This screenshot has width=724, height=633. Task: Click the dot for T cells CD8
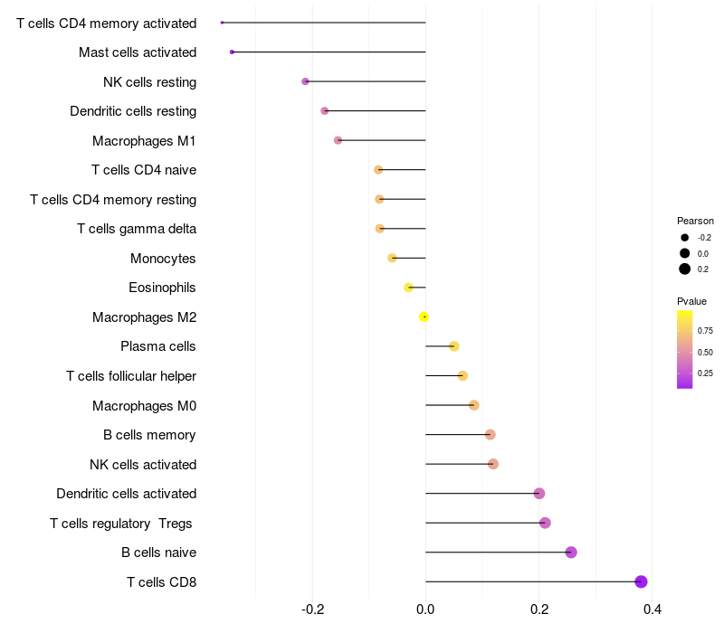click(641, 581)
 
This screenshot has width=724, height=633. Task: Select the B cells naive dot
click(571, 553)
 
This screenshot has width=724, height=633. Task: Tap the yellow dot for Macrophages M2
click(424, 316)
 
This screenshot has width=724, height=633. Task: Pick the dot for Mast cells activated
click(233, 52)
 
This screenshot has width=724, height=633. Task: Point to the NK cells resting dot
click(306, 81)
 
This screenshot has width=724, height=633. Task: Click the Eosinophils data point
click(409, 288)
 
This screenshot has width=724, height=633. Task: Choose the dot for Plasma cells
click(453, 346)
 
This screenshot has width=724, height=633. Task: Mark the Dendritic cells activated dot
click(539, 494)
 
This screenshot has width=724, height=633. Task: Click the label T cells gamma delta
click(137, 229)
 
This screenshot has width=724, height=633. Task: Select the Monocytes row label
click(163, 259)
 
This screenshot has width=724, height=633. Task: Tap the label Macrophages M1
click(144, 141)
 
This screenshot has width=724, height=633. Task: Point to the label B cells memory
click(149, 435)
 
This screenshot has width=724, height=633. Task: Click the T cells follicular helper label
click(131, 376)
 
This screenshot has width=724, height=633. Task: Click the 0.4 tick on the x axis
click(652, 609)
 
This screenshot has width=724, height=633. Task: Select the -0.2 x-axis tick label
click(312, 609)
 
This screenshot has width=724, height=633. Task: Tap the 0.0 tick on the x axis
click(425, 609)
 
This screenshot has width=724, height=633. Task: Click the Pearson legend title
click(695, 221)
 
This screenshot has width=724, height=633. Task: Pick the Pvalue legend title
click(691, 301)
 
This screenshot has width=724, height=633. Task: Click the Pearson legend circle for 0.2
click(685, 269)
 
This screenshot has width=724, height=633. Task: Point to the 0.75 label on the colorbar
click(705, 331)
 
